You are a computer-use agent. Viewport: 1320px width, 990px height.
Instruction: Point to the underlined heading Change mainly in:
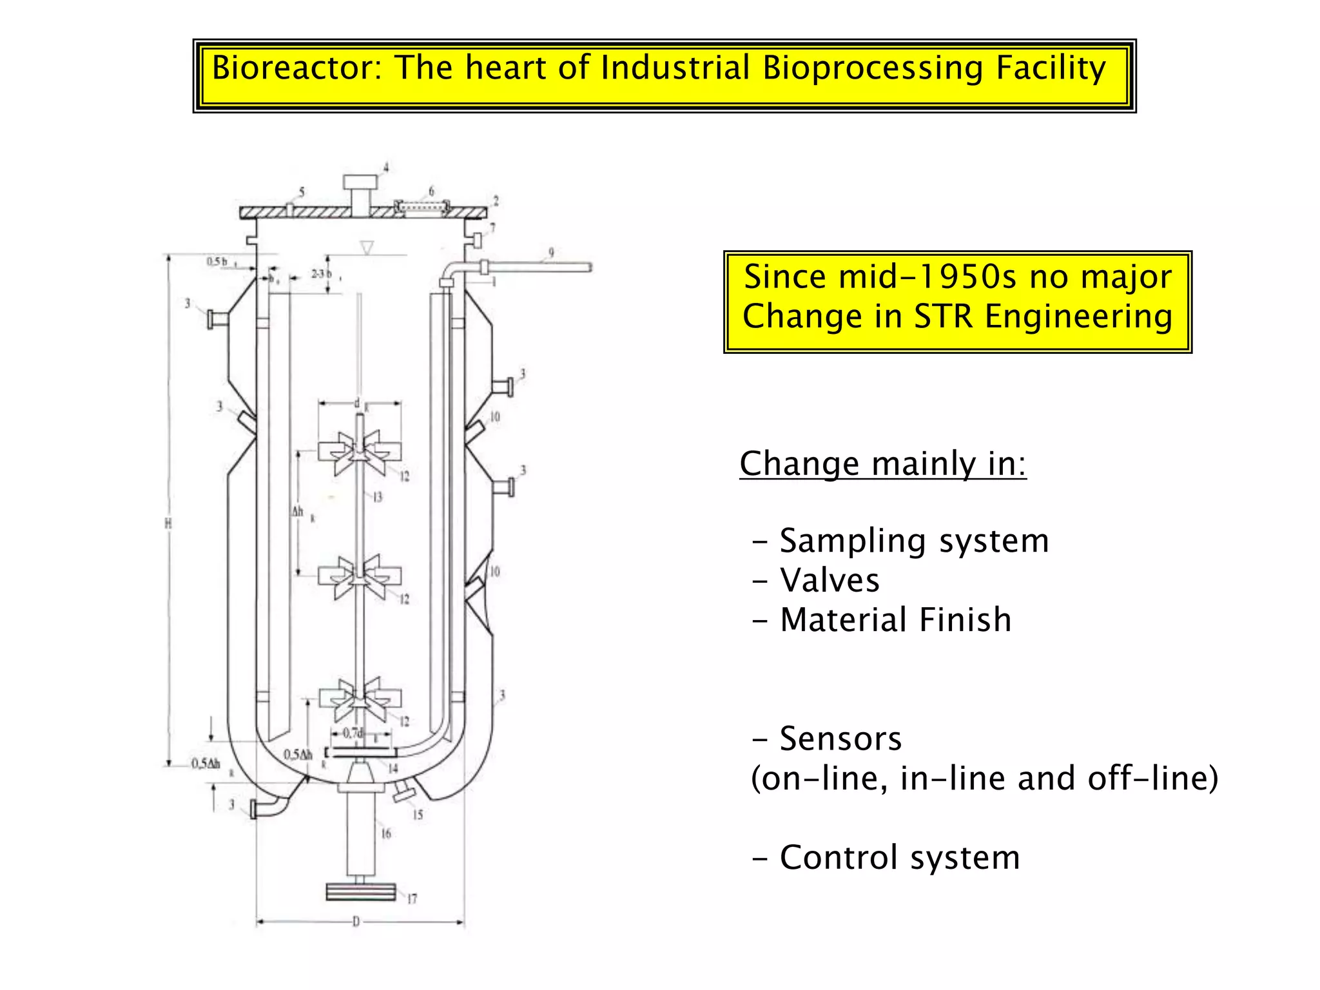(882, 463)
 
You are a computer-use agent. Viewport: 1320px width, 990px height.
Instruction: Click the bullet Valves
(829, 580)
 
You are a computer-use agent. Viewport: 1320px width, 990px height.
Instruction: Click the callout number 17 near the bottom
(412, 898)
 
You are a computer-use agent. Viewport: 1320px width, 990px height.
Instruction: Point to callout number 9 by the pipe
(551, 253)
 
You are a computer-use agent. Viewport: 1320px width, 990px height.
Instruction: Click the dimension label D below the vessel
(356, 922)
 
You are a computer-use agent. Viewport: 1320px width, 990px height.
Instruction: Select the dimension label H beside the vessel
(168, 523)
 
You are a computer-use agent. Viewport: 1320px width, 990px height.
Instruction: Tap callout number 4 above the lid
(386, 168)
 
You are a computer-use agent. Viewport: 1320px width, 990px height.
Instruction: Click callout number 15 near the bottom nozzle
(418, 815)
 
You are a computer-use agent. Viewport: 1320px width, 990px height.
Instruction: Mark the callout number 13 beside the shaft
(378, 497)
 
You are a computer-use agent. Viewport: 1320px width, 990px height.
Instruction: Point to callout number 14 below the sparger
(393, 768)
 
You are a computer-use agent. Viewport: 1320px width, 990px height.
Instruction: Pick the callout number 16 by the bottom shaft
(386, 833)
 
